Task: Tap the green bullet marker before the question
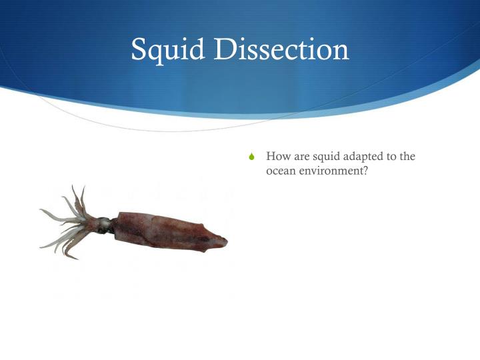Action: point(251,157)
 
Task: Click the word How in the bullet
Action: point(277,157)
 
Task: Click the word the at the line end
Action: point(407,157)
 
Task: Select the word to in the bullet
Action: point(391,157)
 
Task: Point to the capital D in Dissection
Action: point(224,50)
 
